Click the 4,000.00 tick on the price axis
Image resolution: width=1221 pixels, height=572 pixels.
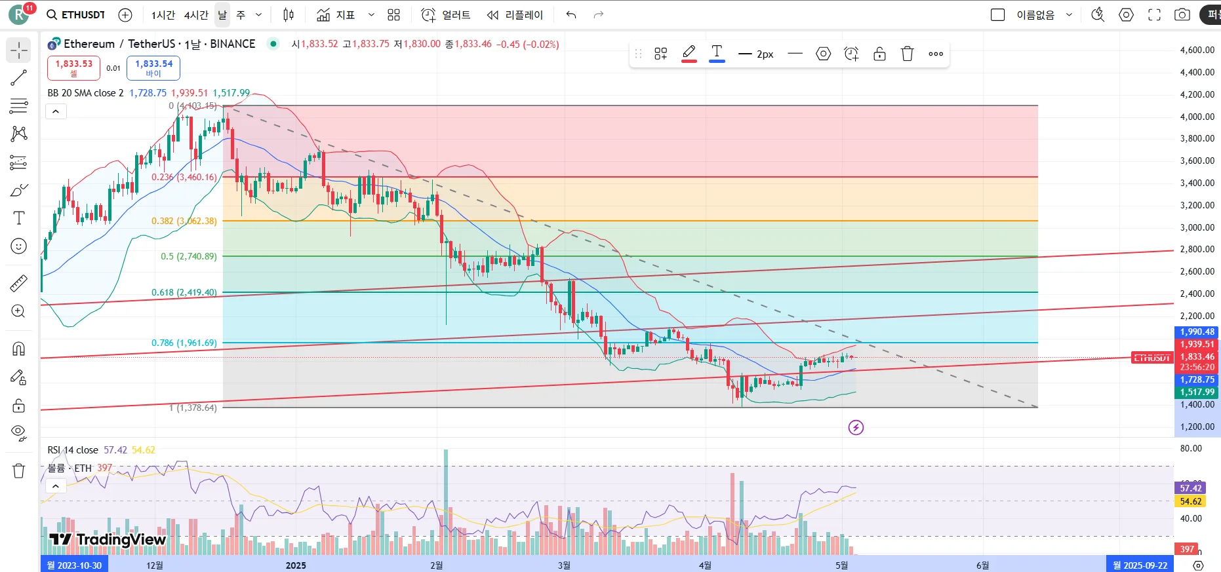1197,117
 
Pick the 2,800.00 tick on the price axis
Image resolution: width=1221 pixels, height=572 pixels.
1197,249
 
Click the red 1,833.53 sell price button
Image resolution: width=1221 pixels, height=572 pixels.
73,67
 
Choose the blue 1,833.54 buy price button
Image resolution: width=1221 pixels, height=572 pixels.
153,67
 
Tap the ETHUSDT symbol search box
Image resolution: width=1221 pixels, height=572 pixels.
76,14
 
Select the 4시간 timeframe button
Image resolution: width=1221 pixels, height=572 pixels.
196,14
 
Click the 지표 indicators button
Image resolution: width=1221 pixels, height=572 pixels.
336,14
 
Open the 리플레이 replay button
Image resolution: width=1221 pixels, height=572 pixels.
515,14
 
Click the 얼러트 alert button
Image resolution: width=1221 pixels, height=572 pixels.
446,14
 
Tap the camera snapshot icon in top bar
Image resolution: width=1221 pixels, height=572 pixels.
1182,14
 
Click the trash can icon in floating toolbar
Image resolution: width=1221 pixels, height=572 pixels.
908,54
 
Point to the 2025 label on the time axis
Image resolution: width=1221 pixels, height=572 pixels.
296,565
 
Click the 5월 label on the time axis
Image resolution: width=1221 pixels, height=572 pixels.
841,565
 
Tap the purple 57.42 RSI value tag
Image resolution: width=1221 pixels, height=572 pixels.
1191,487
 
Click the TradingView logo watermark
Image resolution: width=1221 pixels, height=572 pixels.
108,539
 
